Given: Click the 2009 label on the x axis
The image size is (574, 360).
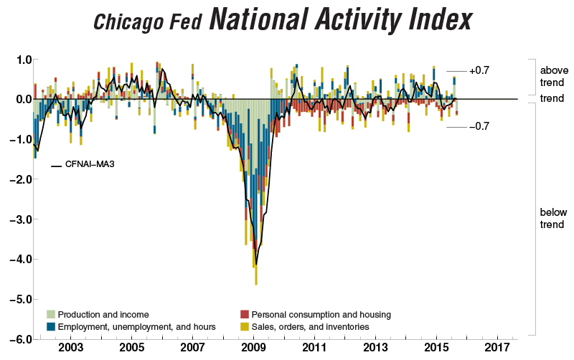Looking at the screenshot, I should (x=253, y=347).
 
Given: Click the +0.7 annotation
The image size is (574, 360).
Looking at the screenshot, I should (x=479, y=71).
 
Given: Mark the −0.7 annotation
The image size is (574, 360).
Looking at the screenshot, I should (x=479, y=126).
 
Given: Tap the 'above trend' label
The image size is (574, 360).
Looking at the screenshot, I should (x=553, y=77).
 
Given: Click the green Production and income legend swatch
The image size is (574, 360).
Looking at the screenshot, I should (x=51, y=314).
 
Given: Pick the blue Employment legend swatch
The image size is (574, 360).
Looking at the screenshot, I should (x=51, y=326).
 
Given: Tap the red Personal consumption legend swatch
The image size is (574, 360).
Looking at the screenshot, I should (x=244, y=314).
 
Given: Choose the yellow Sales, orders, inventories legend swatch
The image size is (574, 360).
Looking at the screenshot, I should (x=244, y=326).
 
